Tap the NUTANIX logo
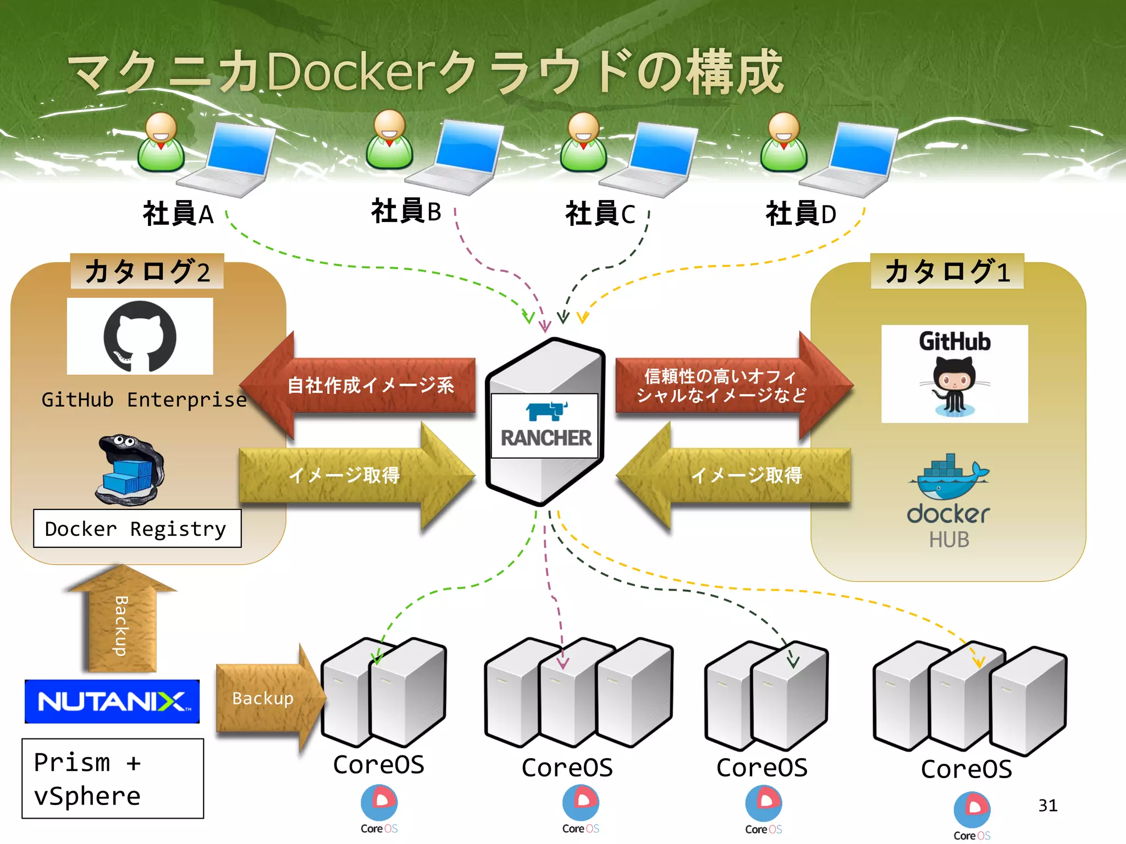112,701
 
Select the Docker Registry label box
137,529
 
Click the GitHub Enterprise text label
144,400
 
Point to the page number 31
1047,806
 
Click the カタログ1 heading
947,271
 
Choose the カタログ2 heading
147,271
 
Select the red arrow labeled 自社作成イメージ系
363,385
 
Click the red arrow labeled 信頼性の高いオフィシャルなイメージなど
726,385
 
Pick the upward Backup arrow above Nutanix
122,621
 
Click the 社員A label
178,214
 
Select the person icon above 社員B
389,140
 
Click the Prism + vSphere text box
113,779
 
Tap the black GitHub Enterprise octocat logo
140,336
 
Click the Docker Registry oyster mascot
130,470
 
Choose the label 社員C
600,214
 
